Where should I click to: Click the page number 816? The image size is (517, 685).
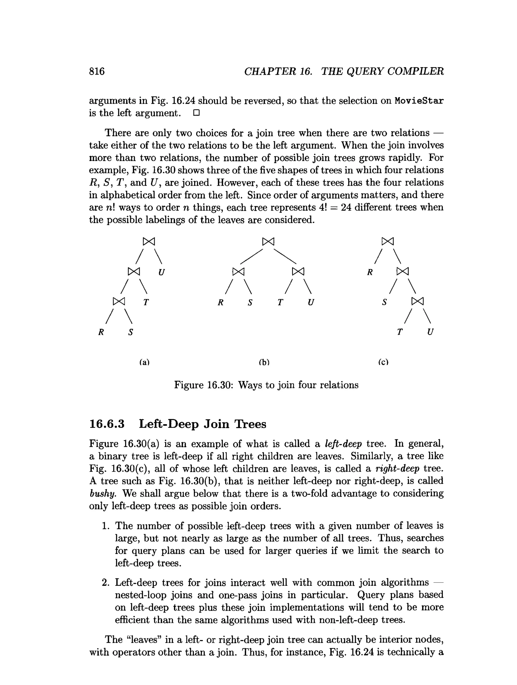click(97, 71)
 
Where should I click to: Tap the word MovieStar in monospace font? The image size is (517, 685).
click(419, 101)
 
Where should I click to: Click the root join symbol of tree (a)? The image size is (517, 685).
click(149, 241)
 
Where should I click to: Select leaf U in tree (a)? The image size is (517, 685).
click(161, 272)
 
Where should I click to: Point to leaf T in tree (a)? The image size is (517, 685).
click(146, 302)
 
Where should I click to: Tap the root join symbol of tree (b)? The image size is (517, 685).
click(268, 241)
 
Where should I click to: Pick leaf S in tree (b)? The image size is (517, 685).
click(250, 302)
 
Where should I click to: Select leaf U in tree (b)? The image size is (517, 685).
click(311, 302)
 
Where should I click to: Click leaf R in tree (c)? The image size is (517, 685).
click(370, 272)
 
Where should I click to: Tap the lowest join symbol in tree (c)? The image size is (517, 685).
click(417, 301)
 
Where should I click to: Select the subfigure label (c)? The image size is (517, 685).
click(383, 362)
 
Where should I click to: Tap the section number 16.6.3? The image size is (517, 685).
click(107, 424)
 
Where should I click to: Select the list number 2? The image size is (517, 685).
click(106, 583)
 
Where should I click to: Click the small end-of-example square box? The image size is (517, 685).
click(196, 113)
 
